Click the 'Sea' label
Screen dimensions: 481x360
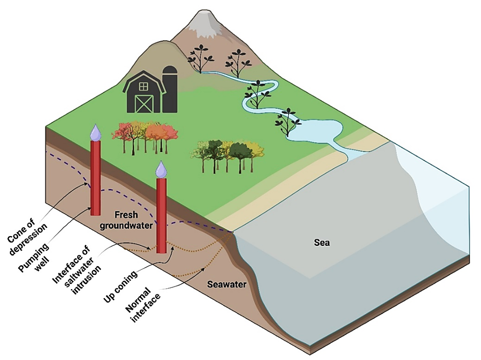(x=322, y=243)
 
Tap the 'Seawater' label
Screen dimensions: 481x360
(x=227, y=284)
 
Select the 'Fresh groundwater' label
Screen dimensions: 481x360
(x=126, y=220)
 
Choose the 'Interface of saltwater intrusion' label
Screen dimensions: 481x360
(x=77, y=270)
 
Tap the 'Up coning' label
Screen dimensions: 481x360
(x=120, y=287)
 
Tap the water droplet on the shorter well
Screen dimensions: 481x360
(x=161, y=169)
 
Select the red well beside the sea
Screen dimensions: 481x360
(x=161, y=216)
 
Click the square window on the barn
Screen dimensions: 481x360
(x=143, y=87)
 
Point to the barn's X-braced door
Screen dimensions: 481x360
(x=144, y=104)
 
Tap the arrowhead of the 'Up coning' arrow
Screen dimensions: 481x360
(x=173, y=248)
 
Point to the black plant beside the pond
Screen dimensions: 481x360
(x=288, y=122)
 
